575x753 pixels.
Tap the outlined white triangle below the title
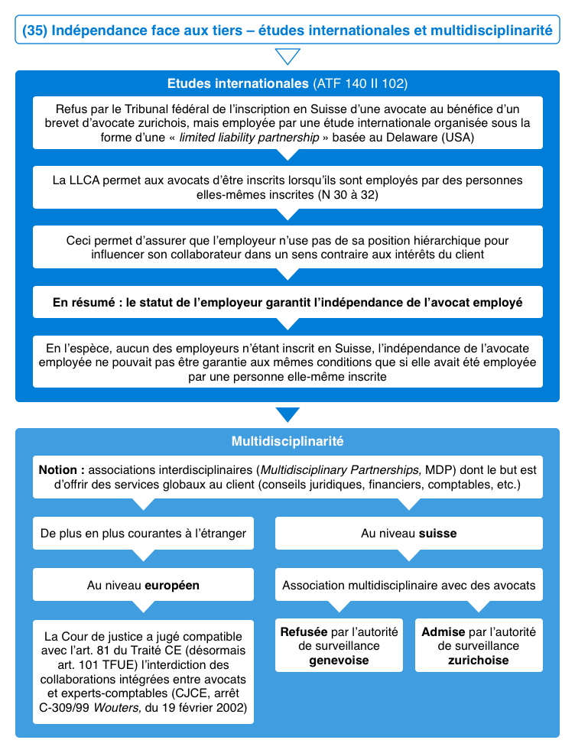click(287, 57)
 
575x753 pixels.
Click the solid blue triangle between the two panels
click(287, 415)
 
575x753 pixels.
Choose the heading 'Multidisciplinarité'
click(287, 441)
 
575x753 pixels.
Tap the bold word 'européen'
click(172, 585)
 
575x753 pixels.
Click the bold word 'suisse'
click(437, 533)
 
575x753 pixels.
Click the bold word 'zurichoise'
click(479, 660)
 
